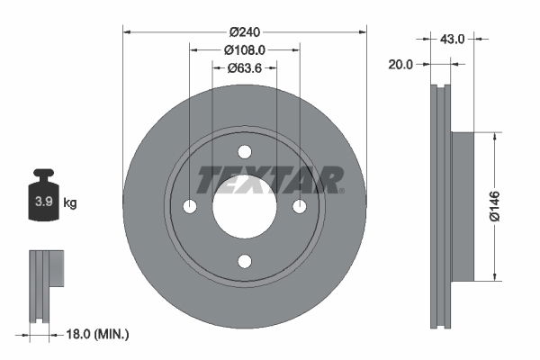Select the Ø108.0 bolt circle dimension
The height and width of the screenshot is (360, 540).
pyautogui.click(x=245, y=50)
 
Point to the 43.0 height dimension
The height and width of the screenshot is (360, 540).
pyautogui.click(x=452, y=38)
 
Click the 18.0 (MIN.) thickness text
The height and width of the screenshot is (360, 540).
pyautogui.click(x=99, y=335)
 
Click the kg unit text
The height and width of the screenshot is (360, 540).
pyautogui.click(x=70, y=203)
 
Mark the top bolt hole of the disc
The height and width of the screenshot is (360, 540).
pyautogui.click(x=245, y=153)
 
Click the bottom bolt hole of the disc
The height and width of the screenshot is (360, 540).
pyautogui.click(x=245, y=261)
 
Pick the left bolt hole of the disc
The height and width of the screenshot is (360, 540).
pyautogui.click(x=190, y=207)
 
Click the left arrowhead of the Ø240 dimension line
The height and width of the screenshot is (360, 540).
pyautogui.click(x=127, y=31)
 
